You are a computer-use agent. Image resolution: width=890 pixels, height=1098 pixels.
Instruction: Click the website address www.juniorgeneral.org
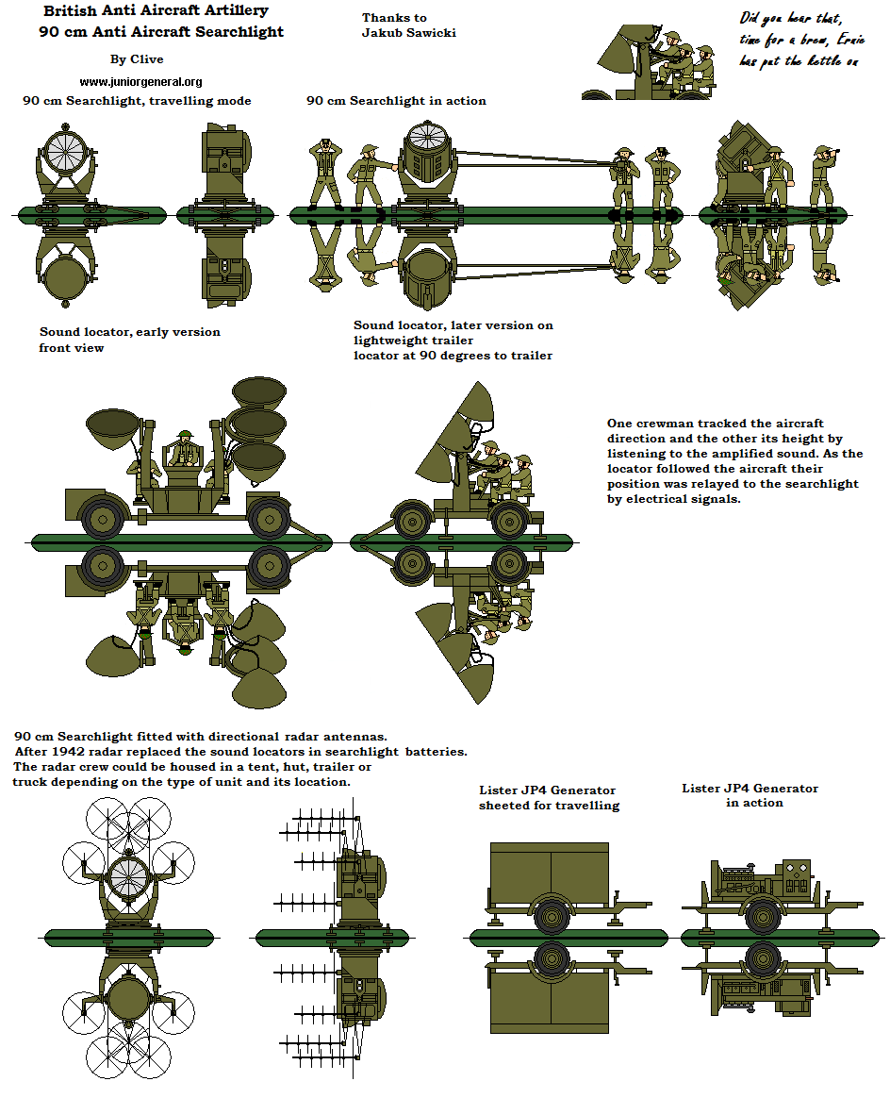point(140,82)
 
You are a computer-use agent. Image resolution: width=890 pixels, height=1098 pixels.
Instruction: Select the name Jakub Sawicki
point(409,33)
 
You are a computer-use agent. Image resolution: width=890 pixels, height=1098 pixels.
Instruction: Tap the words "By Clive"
point(137,59)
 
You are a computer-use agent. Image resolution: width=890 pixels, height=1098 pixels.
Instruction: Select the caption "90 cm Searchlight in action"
point(396,101)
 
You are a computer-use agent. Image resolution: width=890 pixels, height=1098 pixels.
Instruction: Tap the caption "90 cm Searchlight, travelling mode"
point(137,101)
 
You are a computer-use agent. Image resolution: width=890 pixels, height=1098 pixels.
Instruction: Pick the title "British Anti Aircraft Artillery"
point(156,11)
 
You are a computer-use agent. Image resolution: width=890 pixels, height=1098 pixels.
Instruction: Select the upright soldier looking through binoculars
point(823,175)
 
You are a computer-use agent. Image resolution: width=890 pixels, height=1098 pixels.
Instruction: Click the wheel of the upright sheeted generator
point(549,913)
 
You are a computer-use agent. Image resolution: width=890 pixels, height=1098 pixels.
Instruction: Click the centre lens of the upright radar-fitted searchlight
point(126,877)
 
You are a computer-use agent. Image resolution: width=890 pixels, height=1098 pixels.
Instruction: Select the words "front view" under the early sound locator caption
point(71,348)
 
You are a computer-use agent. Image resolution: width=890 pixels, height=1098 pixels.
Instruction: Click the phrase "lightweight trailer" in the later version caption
point(413,341)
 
